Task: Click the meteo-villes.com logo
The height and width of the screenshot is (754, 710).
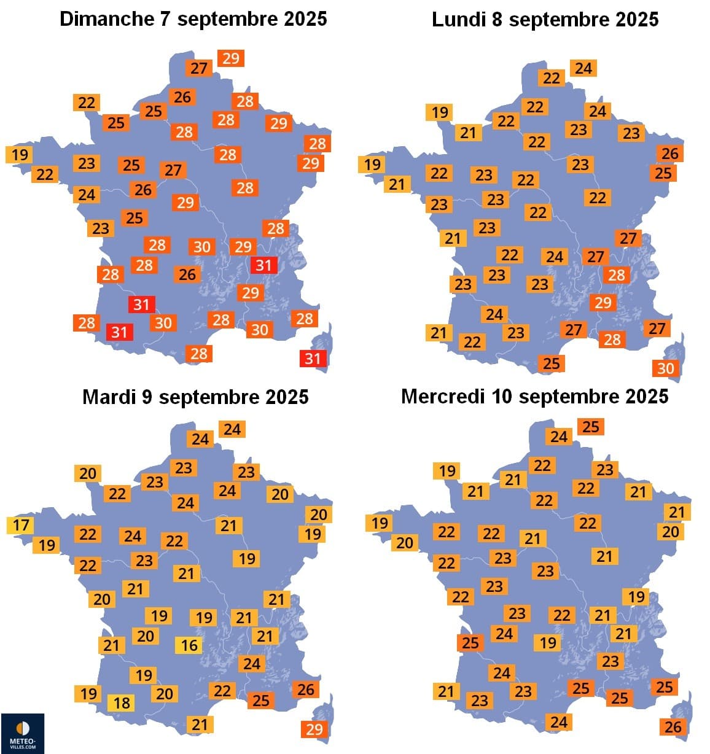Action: click(x=22, y=733)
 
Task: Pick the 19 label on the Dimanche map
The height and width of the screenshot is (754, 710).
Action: click(x=20, y=154)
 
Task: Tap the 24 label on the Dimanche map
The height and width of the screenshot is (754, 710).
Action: click(x=86, y=195)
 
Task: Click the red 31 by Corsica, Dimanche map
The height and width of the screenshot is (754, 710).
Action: click(x=313, y=358)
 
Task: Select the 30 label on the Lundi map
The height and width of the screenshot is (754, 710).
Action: click(x=665, y=368)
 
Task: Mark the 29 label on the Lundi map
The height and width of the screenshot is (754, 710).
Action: click(x=603, y=302)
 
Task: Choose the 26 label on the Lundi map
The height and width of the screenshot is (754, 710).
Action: click(x=669, y=153)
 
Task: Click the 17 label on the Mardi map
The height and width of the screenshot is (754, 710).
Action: click(x=20, y=526)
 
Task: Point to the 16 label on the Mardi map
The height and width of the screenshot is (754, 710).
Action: click(x=189, y=645)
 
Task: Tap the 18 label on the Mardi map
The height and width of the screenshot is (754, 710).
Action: click(x=122, y=702)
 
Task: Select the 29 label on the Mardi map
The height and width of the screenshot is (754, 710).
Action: click(x=314, y=729)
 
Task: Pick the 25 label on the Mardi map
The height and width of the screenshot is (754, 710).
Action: click(x=260, y=700)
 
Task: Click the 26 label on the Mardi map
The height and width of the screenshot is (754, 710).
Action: click(x=305, y=690)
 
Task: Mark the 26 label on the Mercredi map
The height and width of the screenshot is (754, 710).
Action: click(x=673, y=727)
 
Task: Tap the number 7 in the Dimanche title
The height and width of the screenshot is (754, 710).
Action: click(x=165, y=19)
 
